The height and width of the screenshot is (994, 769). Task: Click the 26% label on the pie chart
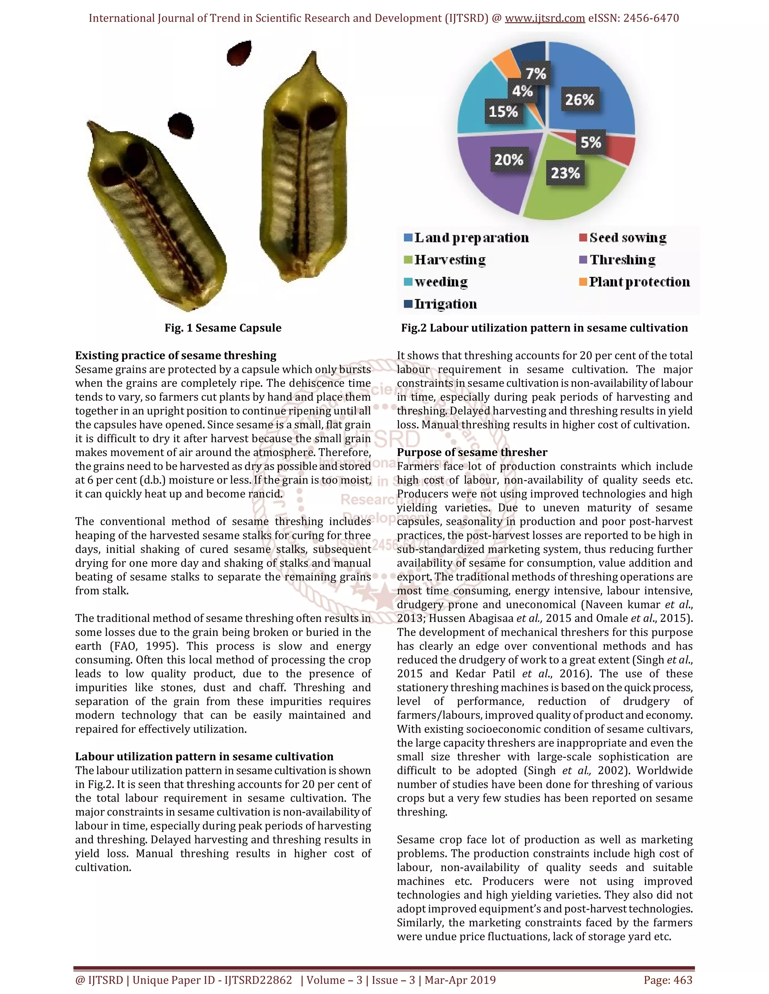click(x=579, y=100)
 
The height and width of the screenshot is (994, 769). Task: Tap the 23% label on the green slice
click(x=565, y=173)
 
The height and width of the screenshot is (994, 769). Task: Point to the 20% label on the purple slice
click(x=509, y=160)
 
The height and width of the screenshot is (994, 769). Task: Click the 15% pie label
click(x=503, y=111)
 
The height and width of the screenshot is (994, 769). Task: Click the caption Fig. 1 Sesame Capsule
click(x=223, y=328)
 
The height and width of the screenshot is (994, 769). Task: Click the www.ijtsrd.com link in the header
click(x=544, y=18)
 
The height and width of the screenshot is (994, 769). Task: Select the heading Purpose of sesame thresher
click(x=472, y=452)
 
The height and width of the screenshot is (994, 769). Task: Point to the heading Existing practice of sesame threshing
click(x=175, y=356)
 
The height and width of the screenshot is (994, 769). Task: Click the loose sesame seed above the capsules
click(x=240, y=53)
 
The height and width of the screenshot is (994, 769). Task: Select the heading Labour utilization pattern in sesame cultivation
click(x=204, y=757)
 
